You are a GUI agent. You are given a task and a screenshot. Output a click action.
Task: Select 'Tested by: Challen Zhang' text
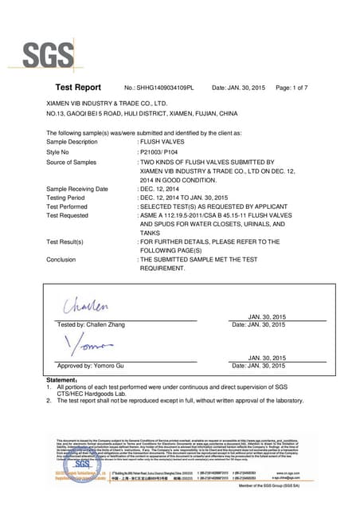tap(90, 324)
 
